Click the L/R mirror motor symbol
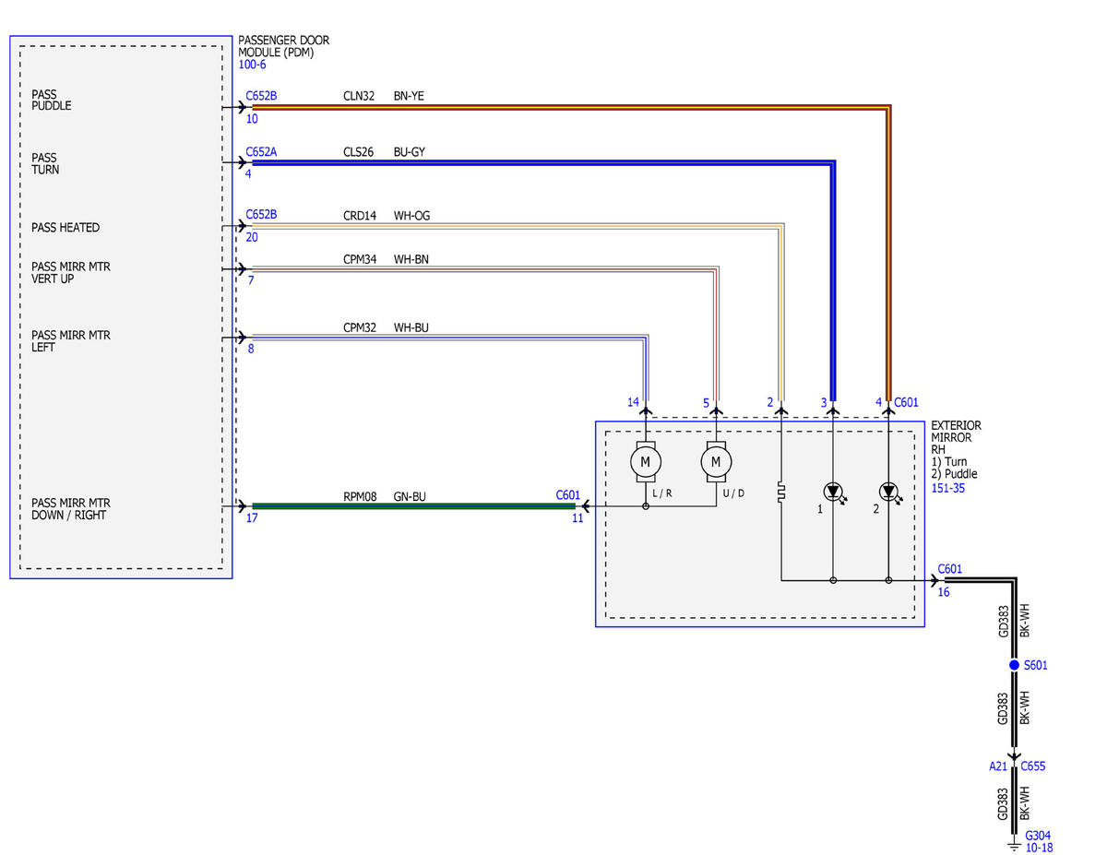pos(646,461)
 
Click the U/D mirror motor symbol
pos(716,461)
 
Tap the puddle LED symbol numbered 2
pos(890,493)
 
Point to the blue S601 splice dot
pos(1014,665)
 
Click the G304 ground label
pos(1038,835)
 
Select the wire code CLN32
pos(359,96)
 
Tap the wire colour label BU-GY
pos(409,152)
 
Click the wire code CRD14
pos(360,216)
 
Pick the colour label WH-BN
pos(411,259)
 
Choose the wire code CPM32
pos(360,327)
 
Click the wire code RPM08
pos(360,496)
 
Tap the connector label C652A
pos(261,152)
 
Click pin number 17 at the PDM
pos(252,518)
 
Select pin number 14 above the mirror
pos(633,402)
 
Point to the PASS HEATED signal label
pos(65,227)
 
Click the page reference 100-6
pos(252,65)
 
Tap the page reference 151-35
pos(948,488)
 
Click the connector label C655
pos(1032,766)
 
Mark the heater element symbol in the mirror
pos(781,493)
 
